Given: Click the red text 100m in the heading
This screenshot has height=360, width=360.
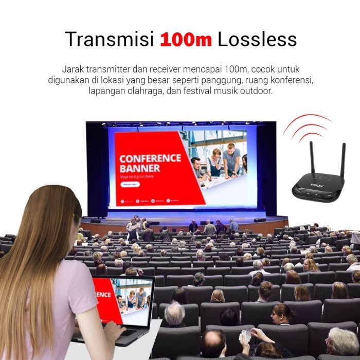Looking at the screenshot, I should [186, 40].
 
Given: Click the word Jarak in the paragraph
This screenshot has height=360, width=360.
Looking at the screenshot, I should [73, 69].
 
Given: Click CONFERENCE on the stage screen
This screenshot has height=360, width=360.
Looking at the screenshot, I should [150, 158].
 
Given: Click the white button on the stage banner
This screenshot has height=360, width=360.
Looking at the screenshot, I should [129, 184].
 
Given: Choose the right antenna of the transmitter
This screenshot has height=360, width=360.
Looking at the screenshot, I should [343, 164].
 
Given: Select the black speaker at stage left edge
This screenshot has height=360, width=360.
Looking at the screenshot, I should [96, 221].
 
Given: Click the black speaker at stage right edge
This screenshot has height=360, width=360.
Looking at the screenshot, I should [260, 220].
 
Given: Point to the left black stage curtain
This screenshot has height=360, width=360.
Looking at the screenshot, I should [97, 170].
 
